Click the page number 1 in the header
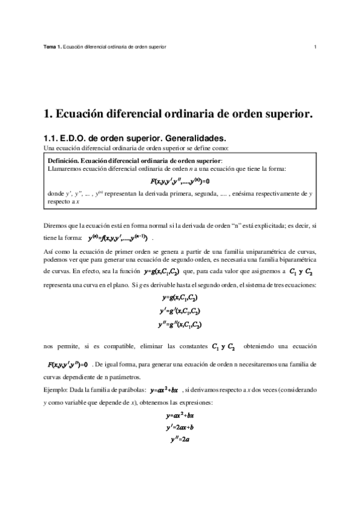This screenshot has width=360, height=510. click(315, 46)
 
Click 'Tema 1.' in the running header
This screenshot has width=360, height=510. click(53, 46)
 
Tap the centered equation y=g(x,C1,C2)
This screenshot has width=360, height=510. click(180, 298)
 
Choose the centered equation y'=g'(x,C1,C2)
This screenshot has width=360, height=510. click(180, 311)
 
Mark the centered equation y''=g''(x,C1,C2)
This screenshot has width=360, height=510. click(180, 324)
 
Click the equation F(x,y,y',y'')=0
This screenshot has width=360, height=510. click(67, 364)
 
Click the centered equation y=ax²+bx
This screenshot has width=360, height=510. click(180, 416)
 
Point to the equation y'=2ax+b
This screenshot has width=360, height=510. click(180, 428)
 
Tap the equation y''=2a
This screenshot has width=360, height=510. click(180, 440)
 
